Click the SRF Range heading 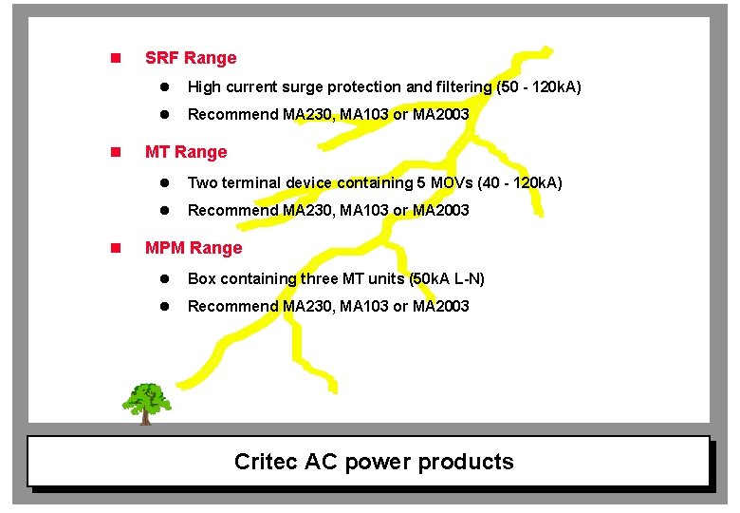tap(191, 58)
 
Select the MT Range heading tap(186, 152)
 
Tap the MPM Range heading tap(194, 248)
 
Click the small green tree tap(146, 398)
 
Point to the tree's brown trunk tap(145, 415)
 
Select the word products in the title tap(466, 462)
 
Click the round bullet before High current tap(163, 86)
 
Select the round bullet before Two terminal tap(163, 182)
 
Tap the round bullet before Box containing tap(163, 278)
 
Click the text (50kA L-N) tap(447, 278)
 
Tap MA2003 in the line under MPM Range tap(441, 306)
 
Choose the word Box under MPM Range tap(202, 278)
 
